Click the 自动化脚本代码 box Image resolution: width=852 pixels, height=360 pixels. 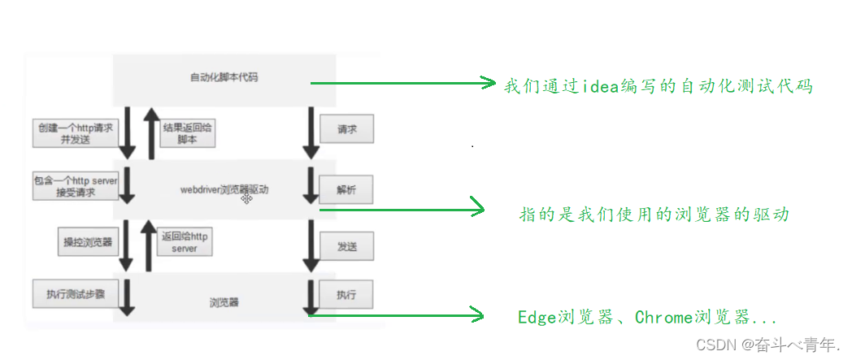point(224,77)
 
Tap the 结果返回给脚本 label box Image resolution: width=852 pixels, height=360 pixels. point(188,133)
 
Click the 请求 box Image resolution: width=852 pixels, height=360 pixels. point(346,129)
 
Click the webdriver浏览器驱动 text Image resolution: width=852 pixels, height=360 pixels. point(224,190)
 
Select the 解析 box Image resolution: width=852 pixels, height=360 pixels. point(346,189)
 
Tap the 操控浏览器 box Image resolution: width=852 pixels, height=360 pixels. point(87,241)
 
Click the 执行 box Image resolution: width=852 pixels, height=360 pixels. point(346,293)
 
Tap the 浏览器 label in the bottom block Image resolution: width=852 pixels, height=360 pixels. point(224,303)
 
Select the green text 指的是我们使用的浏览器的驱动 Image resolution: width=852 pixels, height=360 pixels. point(654,215)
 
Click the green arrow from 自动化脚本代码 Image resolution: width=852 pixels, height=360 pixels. point(402,82)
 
